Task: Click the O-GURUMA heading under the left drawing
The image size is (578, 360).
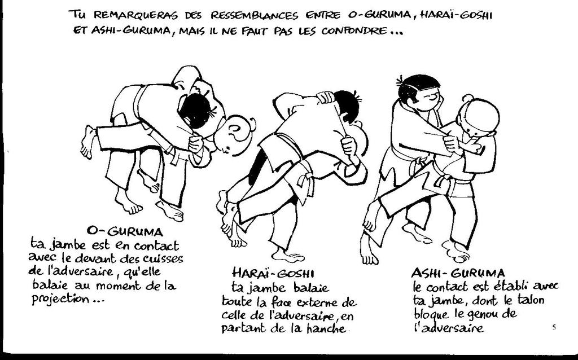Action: pos(125,231)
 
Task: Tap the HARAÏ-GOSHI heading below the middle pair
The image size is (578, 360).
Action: pos(273,273)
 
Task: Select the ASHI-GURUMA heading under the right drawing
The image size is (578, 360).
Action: pos(458,273)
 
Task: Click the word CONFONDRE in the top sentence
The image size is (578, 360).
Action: pos(355,30)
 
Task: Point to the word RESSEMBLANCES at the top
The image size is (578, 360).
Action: pos(255,15)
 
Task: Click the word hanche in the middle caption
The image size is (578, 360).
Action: pos(327,328)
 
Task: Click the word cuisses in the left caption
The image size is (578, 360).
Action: pos(162,258)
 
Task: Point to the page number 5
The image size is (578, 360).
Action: pos(554,327)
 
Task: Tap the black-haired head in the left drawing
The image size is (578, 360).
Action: pos(195,111)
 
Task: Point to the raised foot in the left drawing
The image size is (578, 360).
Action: pos(87,142)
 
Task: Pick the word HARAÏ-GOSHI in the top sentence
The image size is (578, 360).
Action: pos(456,15)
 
